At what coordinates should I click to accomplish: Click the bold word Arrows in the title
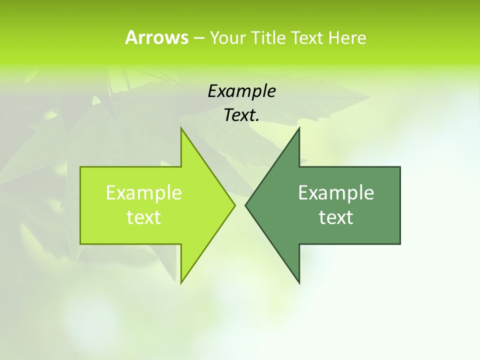[x=156, y=37]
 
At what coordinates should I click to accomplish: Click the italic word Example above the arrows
[x=241, y=91]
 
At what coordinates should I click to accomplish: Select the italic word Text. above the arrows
[x=241, y=115]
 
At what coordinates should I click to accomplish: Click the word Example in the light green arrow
[x=144, y=192]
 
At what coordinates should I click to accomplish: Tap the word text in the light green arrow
[x=144, y=217]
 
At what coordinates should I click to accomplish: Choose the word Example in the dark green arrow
[x=336, y=192]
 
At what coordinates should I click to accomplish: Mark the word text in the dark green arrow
[x=336, y=217]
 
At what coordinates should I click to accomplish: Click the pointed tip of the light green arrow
[x=234, y=205]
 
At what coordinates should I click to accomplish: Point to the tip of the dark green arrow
[x=245, y=205]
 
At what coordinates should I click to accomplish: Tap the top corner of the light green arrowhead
[x=181, y=128]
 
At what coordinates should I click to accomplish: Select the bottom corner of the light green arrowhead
[x=181, y=282]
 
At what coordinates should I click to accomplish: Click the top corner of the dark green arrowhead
[x=299, y=128]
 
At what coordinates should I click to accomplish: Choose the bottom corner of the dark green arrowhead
[x=299, y=283]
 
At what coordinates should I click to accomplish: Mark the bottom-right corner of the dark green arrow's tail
[x=400, y=244]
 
